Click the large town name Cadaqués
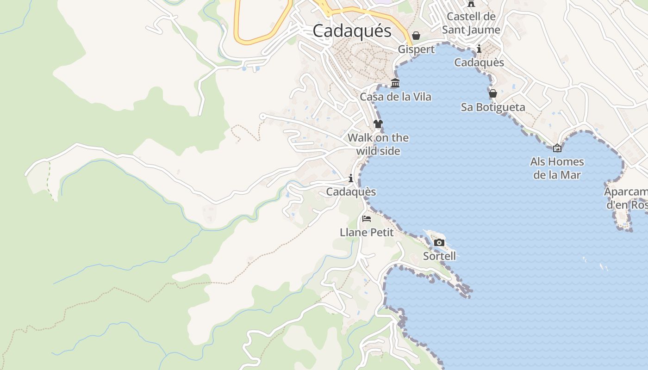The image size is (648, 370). (352, 31)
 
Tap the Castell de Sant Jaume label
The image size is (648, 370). (471, 23)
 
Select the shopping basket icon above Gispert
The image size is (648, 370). (416, 36)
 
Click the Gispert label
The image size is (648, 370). (417, 49)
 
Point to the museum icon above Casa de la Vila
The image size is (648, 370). (395, 83)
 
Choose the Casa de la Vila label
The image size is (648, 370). (395, 97)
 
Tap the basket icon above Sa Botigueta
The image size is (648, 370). (493, 93)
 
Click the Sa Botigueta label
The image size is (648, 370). (493, 107)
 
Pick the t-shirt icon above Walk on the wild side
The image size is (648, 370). (378, 123)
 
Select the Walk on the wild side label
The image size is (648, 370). (378, 144)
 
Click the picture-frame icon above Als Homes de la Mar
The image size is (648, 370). (557, 148)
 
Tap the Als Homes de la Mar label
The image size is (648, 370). (557, 168)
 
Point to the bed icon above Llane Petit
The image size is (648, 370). (367, 218)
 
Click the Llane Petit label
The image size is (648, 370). (367, 232)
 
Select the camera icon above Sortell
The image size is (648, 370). (439, 242)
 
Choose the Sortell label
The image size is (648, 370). (439, 256)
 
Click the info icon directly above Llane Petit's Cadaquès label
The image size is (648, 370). (351, 178)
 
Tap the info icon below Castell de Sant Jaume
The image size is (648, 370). (479, 49)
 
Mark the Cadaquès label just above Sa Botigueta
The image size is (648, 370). (479, 62)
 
